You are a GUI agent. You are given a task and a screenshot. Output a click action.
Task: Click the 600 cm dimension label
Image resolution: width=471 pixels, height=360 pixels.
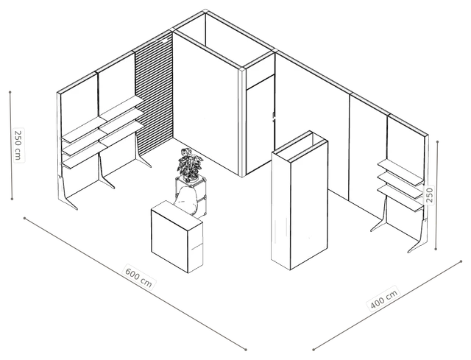[x=139, y=277]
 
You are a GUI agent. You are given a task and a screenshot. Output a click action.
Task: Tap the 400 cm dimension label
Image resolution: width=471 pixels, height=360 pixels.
[x=384, y=298]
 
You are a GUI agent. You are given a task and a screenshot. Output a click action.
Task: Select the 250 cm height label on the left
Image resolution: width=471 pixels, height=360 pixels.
[x=18, y=145]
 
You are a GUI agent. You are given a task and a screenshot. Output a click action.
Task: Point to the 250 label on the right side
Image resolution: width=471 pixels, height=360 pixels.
[x=430, y=195]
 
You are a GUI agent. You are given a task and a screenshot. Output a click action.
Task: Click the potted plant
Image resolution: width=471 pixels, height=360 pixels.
[x=189, y=165]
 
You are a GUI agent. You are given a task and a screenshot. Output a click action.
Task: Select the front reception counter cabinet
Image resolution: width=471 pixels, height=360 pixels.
[x=177, y=236]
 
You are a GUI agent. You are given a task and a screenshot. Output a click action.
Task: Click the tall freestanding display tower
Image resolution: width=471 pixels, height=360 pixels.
[x=300, y=200]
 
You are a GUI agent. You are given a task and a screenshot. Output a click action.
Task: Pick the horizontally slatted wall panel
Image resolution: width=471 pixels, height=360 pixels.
[x=154, y=93]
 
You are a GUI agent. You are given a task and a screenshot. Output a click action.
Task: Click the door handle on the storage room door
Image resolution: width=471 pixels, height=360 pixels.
[x=274, y=117]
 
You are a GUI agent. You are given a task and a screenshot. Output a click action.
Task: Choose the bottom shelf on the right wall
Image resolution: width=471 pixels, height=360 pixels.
[x=400, y=198]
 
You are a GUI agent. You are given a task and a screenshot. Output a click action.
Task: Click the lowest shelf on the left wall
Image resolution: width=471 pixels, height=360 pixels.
[x=84, y=155]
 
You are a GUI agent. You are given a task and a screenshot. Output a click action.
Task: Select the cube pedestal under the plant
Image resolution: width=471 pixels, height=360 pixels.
[x=191, y=196]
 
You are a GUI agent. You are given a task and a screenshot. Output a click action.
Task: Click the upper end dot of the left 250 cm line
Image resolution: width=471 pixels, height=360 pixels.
[x=10, y=92]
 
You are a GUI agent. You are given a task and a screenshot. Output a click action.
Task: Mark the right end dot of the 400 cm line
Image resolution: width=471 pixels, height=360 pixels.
[x=461, y=261]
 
